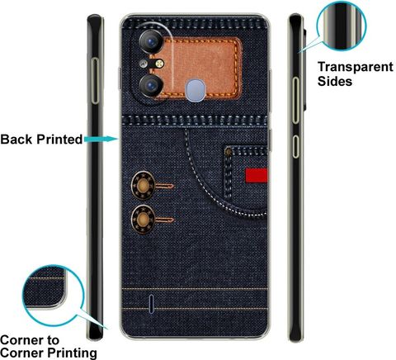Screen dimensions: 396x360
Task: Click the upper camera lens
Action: pyautogui.click(x=151, y=41)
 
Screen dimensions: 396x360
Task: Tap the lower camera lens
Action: pyautogui.click(x=151, y=86)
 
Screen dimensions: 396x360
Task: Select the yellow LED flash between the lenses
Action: pyautogui.click(x=159, y=64)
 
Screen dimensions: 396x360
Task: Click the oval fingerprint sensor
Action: pyautogui.click(x=195, y=90)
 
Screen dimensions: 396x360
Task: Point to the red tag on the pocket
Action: pyautogui.click(x=256, y=175)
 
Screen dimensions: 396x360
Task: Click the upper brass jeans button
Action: pyautogui.click(x=143, y=185)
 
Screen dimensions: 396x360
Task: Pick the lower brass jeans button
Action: pyautogui.click(x=143, y=220)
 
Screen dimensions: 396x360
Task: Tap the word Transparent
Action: pyautogui.click(x=356, y=67)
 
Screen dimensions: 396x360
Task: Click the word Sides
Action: pyautogui.click(x=335, y=81)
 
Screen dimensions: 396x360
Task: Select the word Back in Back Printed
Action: pyautogui.click(x=16, y=140)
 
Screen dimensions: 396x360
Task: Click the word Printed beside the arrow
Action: pyautogui.click(x=59, y=140)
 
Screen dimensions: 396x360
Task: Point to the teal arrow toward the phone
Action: pyautogui.click(x=101, y=140)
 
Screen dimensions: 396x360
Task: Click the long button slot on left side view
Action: pyautogui.click(x=95, y=81)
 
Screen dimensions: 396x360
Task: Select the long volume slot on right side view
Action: pyautogui.click(x=295, y=100)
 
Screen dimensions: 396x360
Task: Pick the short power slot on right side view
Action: pyautogui.click(x=295, y=146)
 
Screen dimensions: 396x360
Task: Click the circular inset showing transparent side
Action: pyautogui.click(x=342, y=26)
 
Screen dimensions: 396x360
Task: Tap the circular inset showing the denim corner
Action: pyautogui.click(x=53, y=296)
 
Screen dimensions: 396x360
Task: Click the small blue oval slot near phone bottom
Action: pyautogui.click(x=151, y=304)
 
